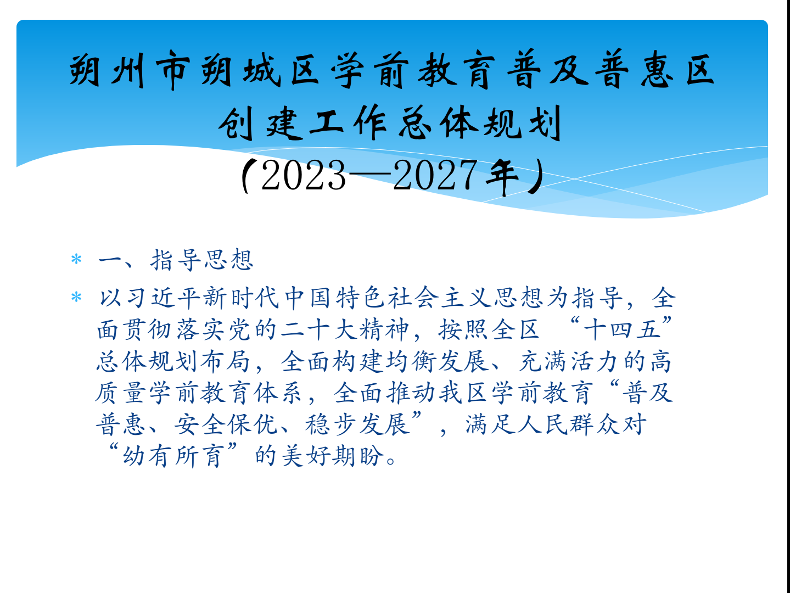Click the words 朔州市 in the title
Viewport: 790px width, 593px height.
tap(130, 70)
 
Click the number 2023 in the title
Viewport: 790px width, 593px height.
tap(304, 176)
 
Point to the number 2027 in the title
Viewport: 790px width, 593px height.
tap(435, 176)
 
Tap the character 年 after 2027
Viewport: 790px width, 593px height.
tap(502, 177)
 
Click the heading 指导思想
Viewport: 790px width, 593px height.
tap(202, 259)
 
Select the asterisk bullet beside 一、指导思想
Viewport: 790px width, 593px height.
tap(76, 259)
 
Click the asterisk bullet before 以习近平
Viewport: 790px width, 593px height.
tap(76, 298)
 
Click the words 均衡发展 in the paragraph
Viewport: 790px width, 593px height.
tap(437, 361)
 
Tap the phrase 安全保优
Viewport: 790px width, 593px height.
tap(226, 424)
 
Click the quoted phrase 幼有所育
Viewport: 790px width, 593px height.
tap(173, 456)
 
